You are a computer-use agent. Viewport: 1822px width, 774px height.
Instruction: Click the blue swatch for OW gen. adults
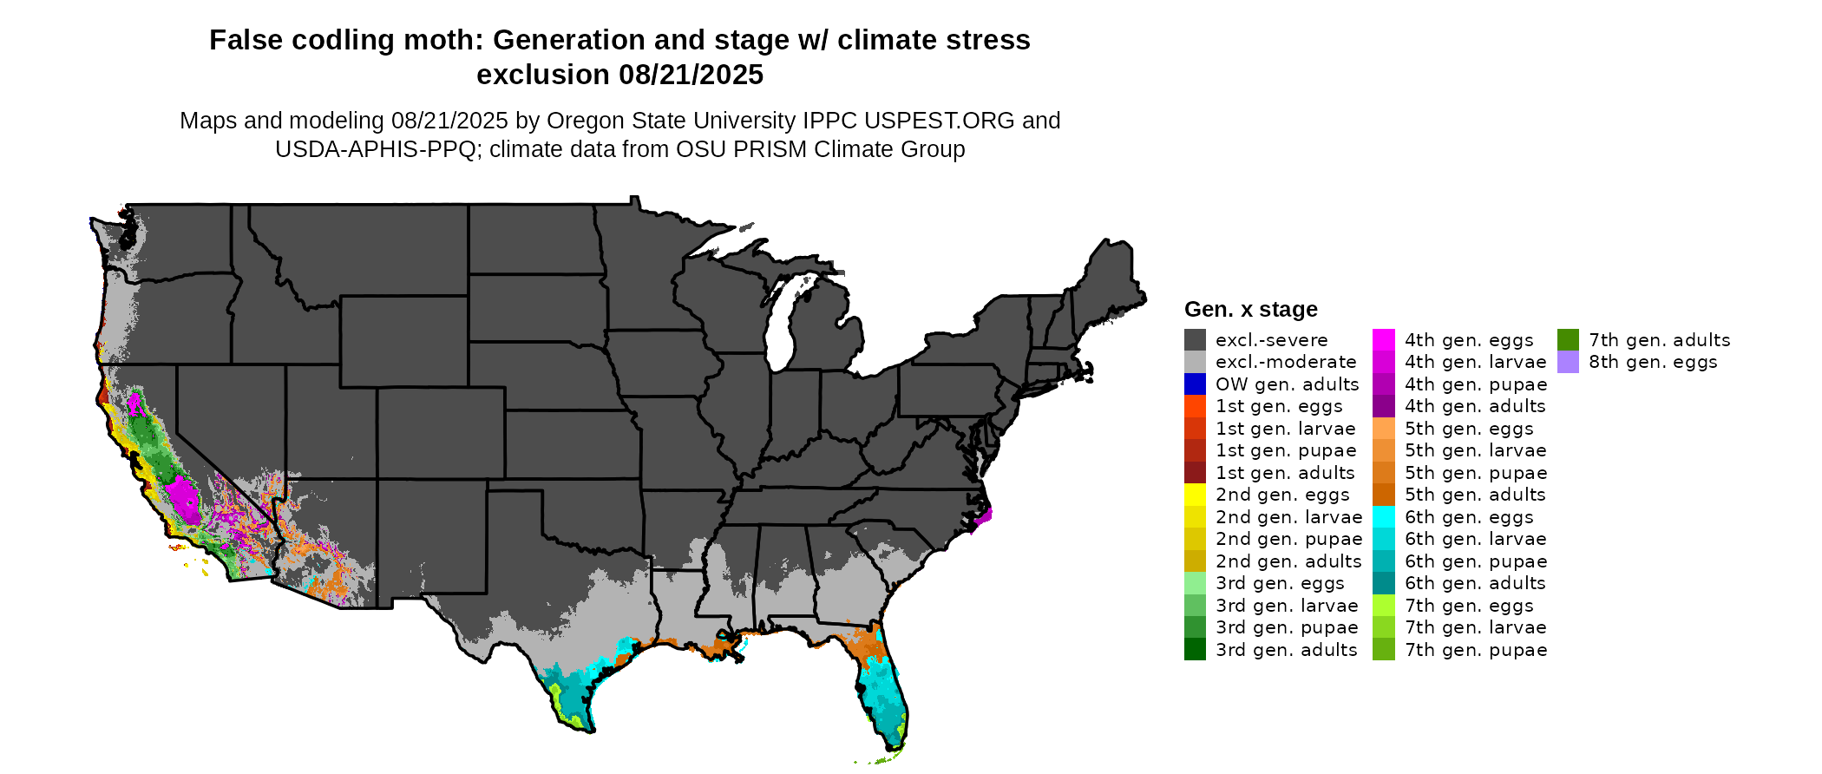tap(1195, 384)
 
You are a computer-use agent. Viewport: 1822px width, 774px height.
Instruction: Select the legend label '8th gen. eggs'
tap(1653, 362)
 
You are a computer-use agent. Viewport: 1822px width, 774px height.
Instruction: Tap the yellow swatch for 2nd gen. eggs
tap(1195, 495)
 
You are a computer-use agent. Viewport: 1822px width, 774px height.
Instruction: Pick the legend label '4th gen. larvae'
tap(1475, 362)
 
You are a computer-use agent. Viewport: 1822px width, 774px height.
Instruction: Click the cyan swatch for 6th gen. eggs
tap(1384, 517)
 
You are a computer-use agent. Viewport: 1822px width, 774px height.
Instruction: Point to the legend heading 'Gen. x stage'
tap(1250, 309)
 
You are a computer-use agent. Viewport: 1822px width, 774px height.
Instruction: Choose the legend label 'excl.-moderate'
tap(1285, 362)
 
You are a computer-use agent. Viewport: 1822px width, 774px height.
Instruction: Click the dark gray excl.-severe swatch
tap(1195, 339)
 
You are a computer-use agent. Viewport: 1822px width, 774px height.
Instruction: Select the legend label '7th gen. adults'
tap(1659, 340)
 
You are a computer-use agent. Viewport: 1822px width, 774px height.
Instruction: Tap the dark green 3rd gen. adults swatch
tap(1195, 649)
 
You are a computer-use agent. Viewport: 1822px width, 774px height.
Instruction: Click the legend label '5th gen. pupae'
tap(1475, 473)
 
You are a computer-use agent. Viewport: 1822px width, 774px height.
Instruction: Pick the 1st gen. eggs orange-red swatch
tap(1195, 406)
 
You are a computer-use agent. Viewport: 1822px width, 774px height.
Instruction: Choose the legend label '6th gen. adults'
tap(1475, 583)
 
